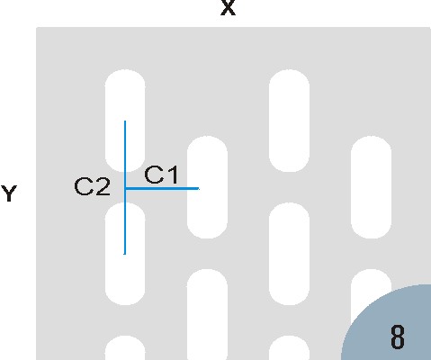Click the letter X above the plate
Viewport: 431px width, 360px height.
tap(228, 7)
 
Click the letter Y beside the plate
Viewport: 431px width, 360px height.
tap(9, 193)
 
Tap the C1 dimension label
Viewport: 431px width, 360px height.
tap(162, 175)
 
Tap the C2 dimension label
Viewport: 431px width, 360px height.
tap(92, 186)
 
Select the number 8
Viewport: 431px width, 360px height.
tap(398, 337)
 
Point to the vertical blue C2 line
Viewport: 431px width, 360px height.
tap(125, 187)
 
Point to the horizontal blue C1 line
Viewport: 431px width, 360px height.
tap(162, 188)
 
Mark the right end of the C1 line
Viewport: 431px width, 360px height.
tap(199, 188)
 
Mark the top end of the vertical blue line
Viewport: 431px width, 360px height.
tap(125, 121)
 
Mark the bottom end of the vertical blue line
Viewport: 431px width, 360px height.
tap(125, 255)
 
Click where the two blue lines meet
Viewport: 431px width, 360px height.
tap(125, 188)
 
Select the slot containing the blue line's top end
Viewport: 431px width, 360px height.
tap(125, 121)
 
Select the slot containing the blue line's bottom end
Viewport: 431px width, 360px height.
tap(125, 254)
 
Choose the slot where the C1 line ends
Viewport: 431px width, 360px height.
tap(207, 187)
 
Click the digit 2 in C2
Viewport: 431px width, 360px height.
tap(103, 186)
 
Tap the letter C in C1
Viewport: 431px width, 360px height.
tap(154, 175)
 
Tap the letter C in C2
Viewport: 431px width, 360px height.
tap(83, 186)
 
